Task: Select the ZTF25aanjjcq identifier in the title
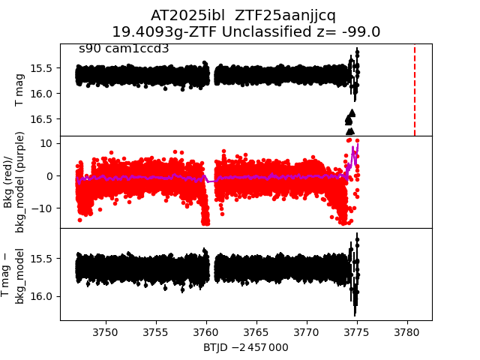tap(285, 16)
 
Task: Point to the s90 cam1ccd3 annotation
tap(124, 49)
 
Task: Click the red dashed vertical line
tap(415, 90)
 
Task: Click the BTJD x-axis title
tap(246, 347)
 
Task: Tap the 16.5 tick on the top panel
tap(42, 118)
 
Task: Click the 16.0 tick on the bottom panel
tap(42, 296)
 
